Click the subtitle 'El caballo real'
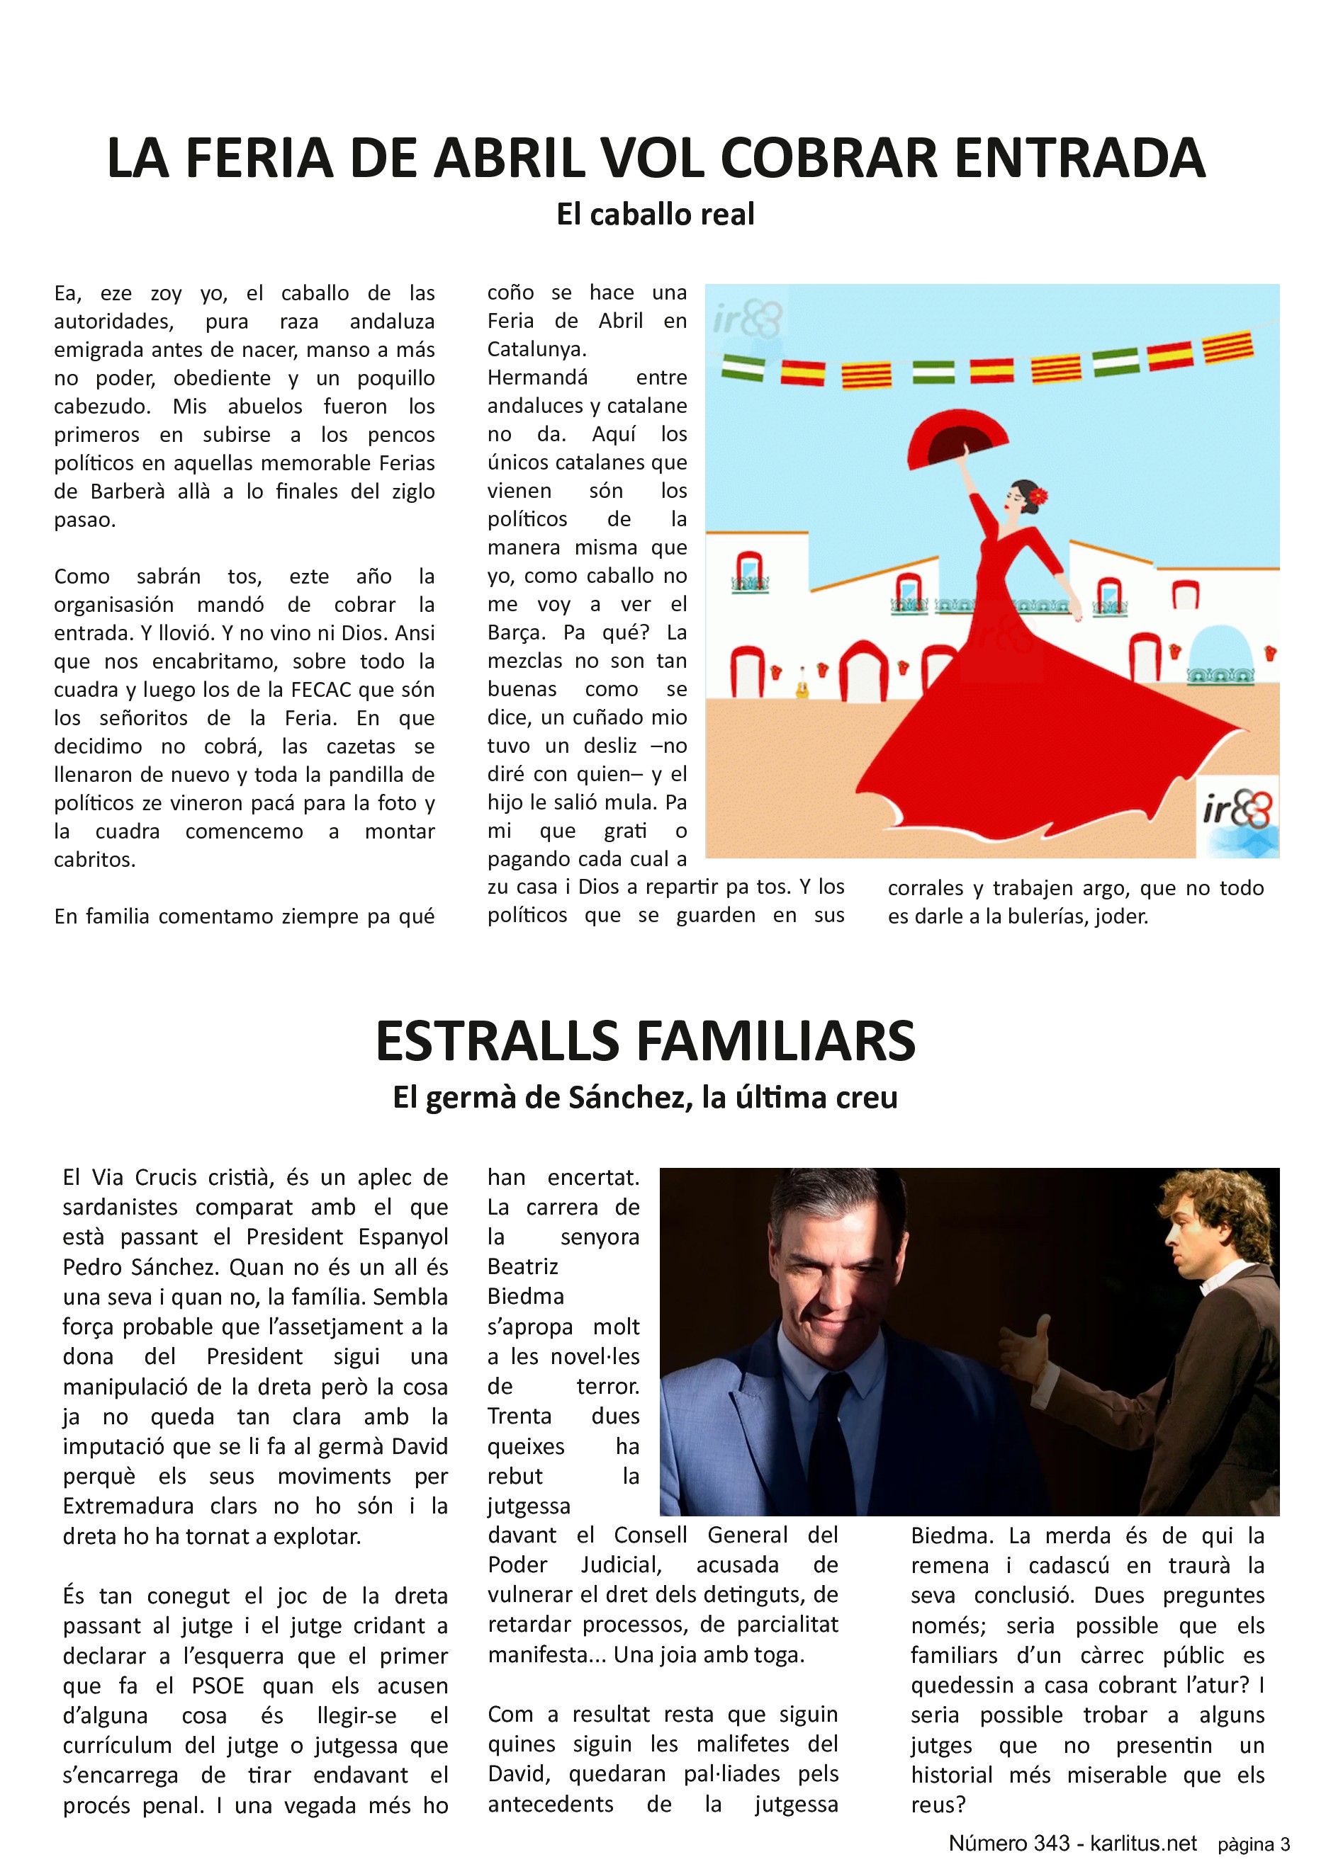[x=656, y=215]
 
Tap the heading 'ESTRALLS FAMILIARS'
[x=645, y=1042]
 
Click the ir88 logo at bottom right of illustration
[x=1237, y=812]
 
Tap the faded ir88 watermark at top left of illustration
[x=747, y=318]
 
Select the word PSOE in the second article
[x=218, y=1686]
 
